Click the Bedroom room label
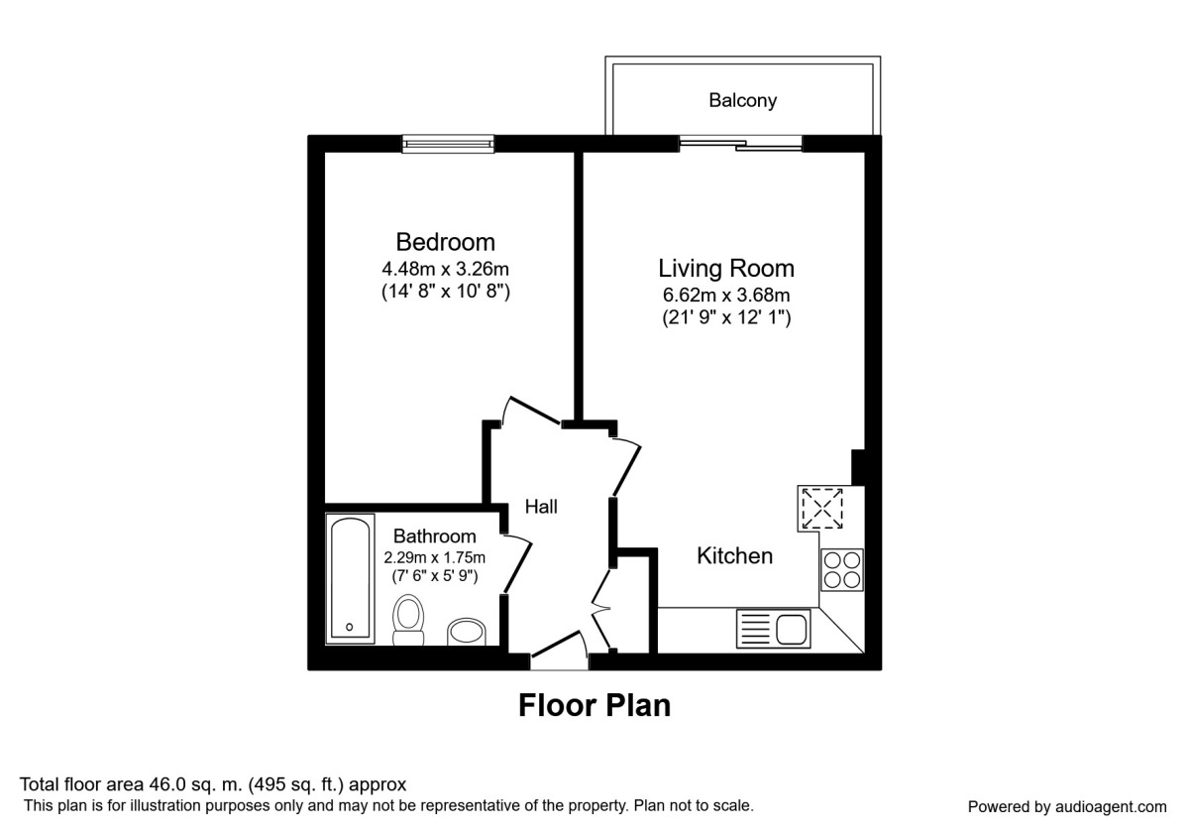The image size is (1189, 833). click(445, 242)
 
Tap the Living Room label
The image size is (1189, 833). click(726, 268)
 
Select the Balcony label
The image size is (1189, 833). click(742, 100)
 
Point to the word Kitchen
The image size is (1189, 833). click(734, 556)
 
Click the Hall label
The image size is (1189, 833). click(541, 507)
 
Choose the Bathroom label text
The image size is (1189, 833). click(434, 536)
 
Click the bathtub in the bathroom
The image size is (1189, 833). click(351, 577)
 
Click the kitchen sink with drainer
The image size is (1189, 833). click(773, 629)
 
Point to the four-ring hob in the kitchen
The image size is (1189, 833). click(842, 570)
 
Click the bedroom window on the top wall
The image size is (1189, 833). click(448, 145)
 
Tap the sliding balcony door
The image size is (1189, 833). click(741, 144)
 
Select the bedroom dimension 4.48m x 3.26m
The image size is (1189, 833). click(445, 269)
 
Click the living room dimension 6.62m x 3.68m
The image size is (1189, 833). click(726, 295)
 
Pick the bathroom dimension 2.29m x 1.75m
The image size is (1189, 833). click(434, 557)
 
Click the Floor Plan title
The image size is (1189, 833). click(594, 705)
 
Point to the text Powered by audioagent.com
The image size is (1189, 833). click(1067, 806)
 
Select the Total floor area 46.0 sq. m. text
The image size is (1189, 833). click(213, 784)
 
